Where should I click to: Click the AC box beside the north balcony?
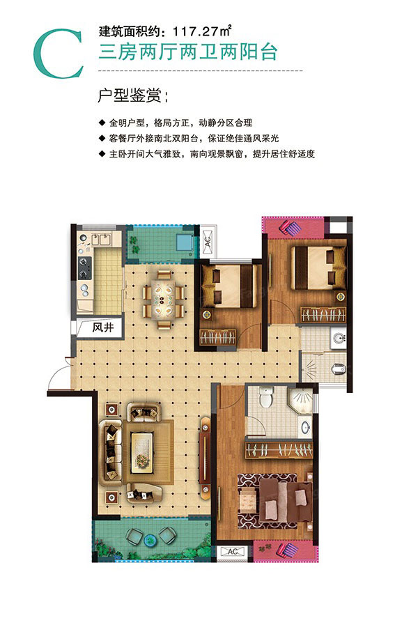pos(207,241)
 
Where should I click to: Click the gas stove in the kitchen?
pos(85,264)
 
